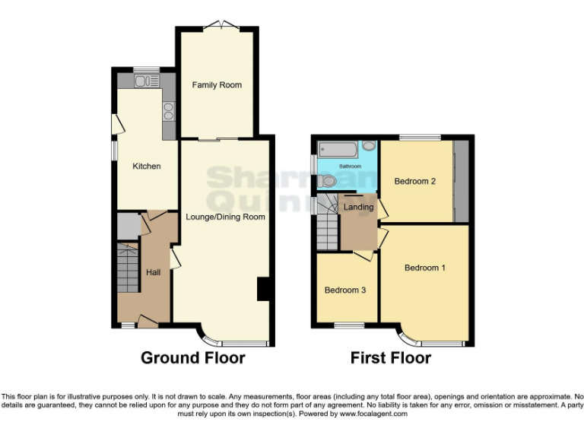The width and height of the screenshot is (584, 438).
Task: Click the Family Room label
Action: tap(217, 85)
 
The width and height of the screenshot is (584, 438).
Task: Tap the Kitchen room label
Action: tap(147, 167)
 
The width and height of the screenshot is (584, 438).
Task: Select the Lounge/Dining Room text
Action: tap(225, 217)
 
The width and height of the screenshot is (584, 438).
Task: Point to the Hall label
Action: tap(153, 272)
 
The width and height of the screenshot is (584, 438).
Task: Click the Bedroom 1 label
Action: tap(425, 268)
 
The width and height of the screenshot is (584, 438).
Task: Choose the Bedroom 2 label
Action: tap(414, 181)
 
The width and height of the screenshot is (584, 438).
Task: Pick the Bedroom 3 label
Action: tap(345, 290)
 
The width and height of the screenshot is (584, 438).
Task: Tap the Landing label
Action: tap(358, 207)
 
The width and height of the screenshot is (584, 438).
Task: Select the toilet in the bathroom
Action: tap(325, 181)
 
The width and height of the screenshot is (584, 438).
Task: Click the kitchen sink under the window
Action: tap(143, 81)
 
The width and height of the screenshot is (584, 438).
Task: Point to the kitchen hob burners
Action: tap(167, 113)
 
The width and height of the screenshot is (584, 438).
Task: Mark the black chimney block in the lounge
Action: tap(264, 289)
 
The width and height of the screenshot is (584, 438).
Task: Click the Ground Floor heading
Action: tap(193, 357)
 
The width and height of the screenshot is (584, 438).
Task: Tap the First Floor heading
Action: tap(391, 357)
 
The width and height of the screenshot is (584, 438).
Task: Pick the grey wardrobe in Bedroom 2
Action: tap(460, 181)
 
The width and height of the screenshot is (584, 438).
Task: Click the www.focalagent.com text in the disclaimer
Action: tap(373, 414)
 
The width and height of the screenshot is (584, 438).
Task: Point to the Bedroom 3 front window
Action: tap(349, 326)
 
